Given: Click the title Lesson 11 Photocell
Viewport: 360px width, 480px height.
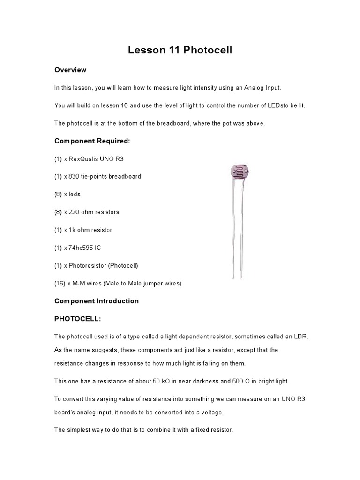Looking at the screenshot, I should [180, 50].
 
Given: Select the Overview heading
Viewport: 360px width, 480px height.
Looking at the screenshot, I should [70, 70].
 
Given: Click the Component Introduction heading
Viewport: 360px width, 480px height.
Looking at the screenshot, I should [97, 301].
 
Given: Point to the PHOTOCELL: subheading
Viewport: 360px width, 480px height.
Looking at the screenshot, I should [77, 319].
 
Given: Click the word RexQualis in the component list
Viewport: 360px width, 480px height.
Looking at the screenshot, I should [85, 159].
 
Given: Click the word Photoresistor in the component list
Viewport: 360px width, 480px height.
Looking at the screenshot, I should [88, 266].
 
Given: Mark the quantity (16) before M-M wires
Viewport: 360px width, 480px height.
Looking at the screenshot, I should [60, 284].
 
